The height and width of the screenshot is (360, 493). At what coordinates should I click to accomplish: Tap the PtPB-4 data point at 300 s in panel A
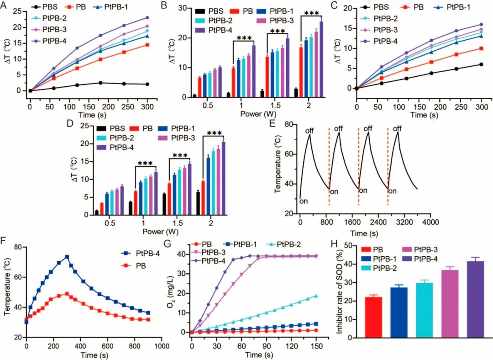point(147,18)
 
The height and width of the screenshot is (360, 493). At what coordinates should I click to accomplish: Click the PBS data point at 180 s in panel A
point(100,83)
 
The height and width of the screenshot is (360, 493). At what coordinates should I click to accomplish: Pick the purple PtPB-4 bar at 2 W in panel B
point(321,59)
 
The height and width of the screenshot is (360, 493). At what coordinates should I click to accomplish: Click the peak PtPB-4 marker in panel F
point(67,257)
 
